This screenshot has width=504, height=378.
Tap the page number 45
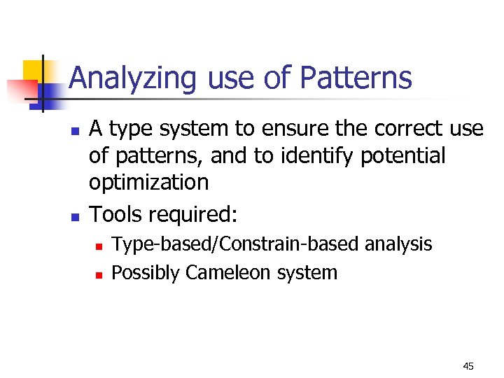[468, 366]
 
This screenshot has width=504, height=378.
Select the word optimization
[148, 183]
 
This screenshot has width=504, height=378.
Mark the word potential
[403, 156]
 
